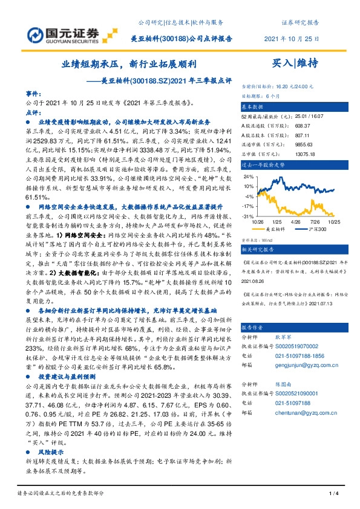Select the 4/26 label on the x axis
pyautogui.click(x=295, y=222)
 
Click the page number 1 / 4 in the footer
pyautogui.click(x=333, y=494)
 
